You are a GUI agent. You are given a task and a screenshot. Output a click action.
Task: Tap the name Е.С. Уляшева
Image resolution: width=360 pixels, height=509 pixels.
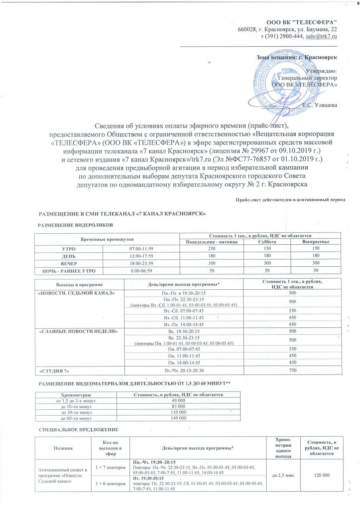coord(320,105)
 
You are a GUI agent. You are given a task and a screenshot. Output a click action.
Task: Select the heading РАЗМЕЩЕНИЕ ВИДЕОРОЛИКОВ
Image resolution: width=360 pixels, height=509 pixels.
coord(76,224)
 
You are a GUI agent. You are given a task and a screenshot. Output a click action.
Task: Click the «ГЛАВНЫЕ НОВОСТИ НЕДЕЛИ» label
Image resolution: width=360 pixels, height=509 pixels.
coord(78,331)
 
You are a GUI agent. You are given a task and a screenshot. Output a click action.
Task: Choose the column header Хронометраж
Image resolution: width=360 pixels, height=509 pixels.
coord(79,394)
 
